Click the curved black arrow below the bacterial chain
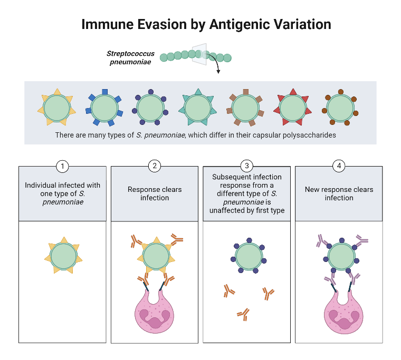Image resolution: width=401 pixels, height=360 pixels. pyautogui.click(x=215, y=64)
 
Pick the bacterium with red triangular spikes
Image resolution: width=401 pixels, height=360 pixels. pyautogui.click(x=292, y=108)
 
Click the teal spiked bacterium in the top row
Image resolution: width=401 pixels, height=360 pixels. pyautogui.click(x=197, y=108)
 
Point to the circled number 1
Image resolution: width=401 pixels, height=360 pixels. pyautogui.click(x=63, y=167)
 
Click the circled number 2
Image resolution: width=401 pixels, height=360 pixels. pyautogui.click(x=155, y=167)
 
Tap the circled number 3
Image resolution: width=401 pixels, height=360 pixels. pyautogui.click(x=246, y=167)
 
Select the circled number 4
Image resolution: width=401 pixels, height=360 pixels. pyautogui.click(x=339, y=167)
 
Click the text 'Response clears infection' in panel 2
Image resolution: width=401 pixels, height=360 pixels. pyautogui.click(x=155, y=193)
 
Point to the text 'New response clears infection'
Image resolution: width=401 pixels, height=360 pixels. pyautogui.click(x=339, y=193)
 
